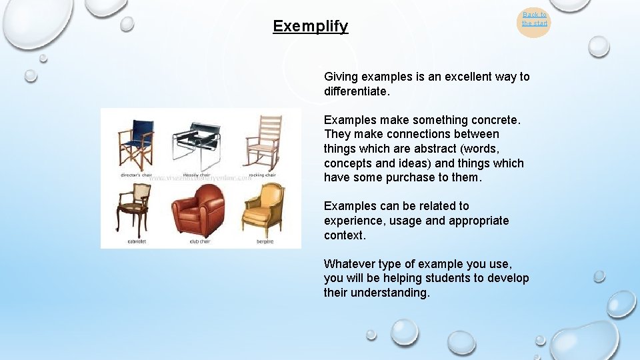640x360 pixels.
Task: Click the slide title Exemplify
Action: (310, 27)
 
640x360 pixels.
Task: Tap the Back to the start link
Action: (534, 19)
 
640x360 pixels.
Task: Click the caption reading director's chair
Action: (137, 175)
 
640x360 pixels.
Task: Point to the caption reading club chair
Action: (199, 241)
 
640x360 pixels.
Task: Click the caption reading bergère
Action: (265, 241)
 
